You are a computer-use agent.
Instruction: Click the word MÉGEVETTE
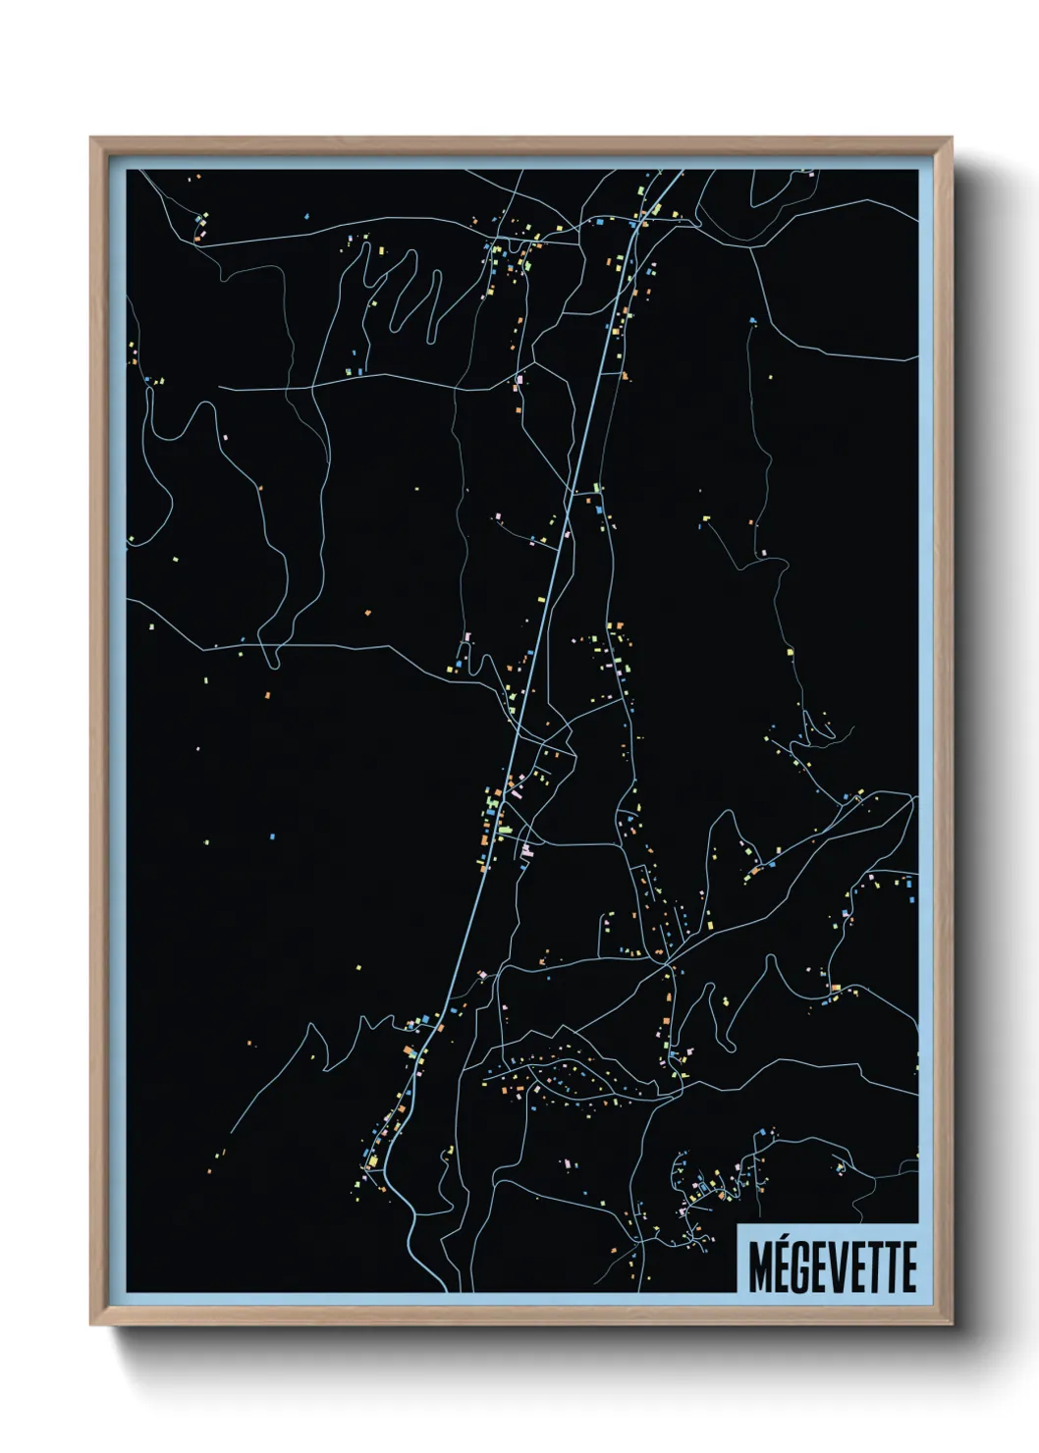tap(832, 1266)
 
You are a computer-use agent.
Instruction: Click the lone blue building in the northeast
tap(753, 320)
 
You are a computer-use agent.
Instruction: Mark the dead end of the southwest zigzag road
tap(231, 1132)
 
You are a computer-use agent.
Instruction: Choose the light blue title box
tap(827, 1259)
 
